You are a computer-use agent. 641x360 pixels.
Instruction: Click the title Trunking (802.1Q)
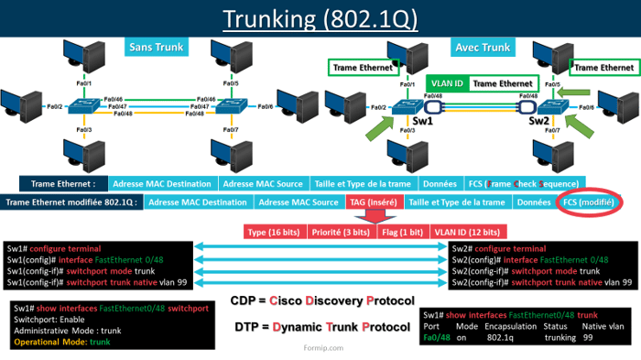[320, 18]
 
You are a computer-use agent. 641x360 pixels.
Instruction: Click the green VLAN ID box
[447, 83]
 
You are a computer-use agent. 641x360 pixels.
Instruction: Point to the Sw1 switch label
[419, 121]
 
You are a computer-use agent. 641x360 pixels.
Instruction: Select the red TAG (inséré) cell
[374, 202]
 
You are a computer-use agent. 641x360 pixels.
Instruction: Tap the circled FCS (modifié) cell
[587, 202]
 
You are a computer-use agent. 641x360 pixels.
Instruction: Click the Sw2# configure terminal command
[499, 248]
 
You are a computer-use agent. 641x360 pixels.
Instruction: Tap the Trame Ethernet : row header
[63, 183]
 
